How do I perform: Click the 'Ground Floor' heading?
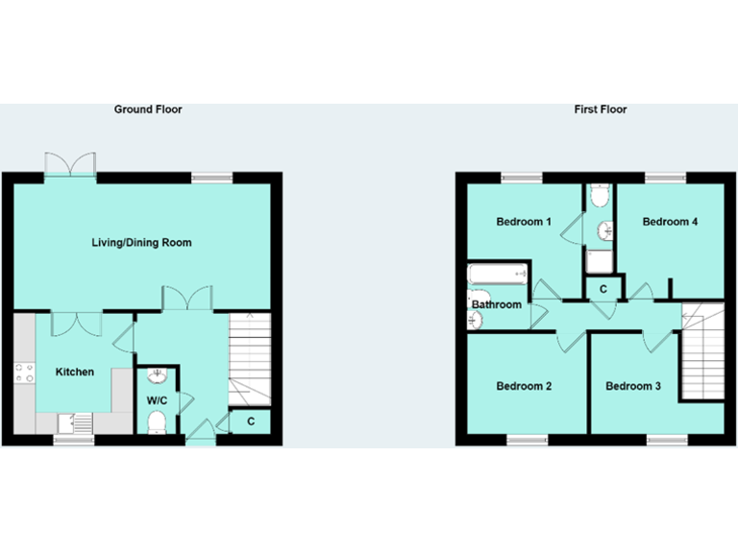[148, 109]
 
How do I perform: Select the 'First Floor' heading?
[601, 109]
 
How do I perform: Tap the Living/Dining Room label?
[141, 243]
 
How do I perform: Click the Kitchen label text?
[74, 372]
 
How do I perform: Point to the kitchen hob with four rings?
[24, 373]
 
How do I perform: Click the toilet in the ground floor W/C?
[157, 421]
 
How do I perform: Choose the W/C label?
[157, 399]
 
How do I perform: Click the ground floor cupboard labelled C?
[251, 421]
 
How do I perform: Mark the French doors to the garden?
[71, 164]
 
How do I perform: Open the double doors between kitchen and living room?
[77, 323]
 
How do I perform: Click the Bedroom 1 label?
[523, 222]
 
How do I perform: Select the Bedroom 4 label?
[670, 222]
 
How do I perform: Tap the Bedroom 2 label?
[523, 387]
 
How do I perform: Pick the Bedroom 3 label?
[632, 387]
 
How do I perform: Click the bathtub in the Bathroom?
[498, 275]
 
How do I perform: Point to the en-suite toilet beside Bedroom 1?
[601, 198]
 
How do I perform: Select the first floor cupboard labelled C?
[603, 289]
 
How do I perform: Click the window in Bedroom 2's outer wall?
[527, 440]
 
